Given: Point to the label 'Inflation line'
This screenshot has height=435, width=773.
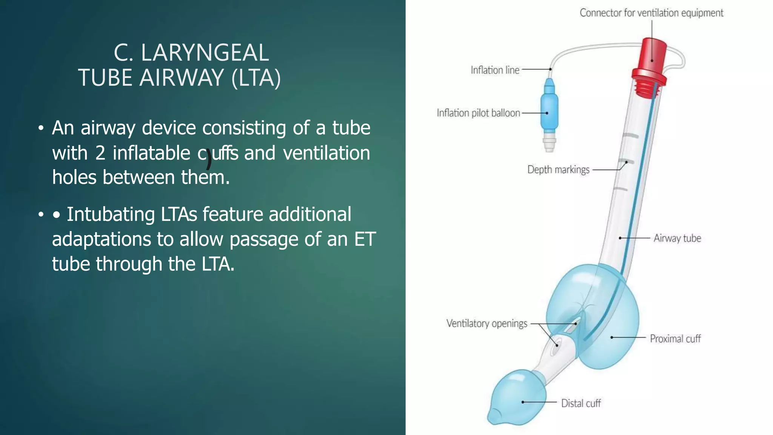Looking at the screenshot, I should (495, 70).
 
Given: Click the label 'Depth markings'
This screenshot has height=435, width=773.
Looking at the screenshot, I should (558, 170).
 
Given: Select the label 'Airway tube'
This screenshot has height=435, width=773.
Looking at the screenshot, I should (677, 238).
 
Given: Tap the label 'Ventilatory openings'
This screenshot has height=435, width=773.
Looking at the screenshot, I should (487, 324).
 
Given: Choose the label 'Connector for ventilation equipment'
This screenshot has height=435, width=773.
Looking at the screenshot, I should (651, 13).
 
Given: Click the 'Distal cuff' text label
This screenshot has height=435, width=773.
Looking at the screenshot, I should (581, 403).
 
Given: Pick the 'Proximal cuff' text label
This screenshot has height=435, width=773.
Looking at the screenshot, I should (675, 339).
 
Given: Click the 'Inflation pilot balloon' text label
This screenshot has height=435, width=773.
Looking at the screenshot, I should (478, 113).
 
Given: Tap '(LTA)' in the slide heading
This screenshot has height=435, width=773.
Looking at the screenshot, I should (256, 78).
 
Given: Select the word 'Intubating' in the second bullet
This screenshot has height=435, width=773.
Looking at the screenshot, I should (111, 214).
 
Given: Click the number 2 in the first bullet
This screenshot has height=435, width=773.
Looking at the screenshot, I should (100, 153).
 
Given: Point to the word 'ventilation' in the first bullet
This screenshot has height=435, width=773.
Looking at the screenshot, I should (326, 153).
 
